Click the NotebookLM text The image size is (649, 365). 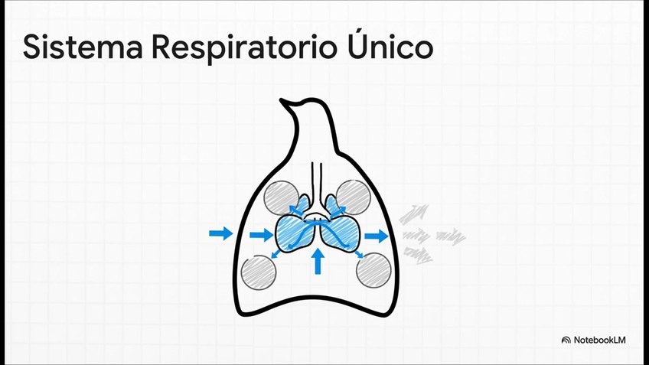click(599, 340)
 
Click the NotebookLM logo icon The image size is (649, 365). click(566, 340)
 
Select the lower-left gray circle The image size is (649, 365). click(258, 272)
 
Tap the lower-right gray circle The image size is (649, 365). click(374, 269)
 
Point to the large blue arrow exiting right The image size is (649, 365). click(377, 236)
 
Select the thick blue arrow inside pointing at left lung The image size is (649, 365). click(261, 236)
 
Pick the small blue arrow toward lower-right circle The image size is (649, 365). click(358, 253)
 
